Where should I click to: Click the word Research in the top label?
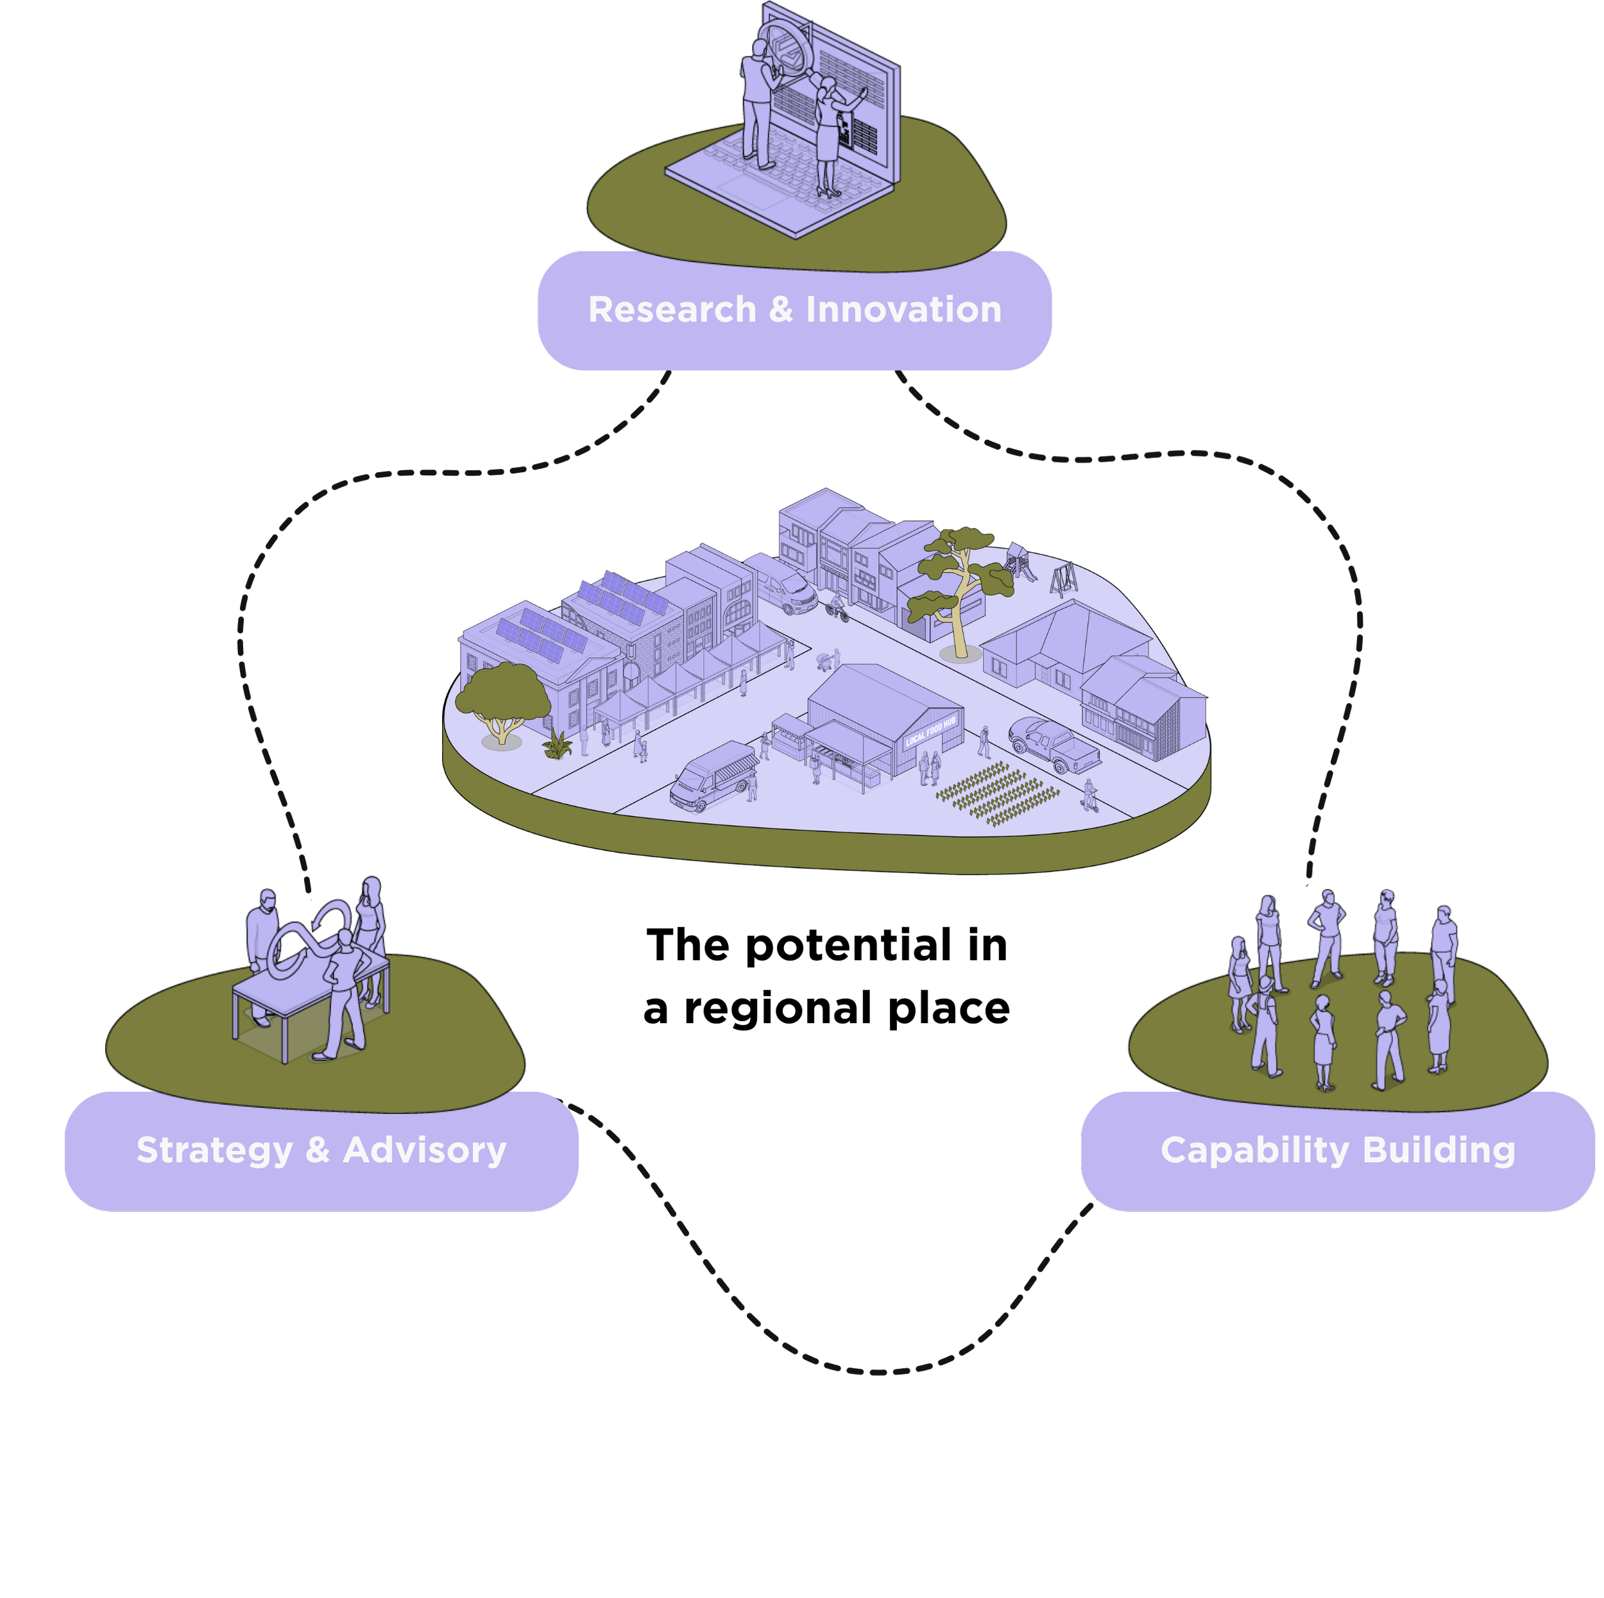[672, 310]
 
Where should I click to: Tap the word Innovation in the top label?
[903, 310]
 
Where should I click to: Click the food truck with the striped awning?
[715, 776]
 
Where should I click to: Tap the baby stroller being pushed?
[824, 661]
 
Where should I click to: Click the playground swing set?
[1064, 579]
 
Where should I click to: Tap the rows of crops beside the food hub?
[996, 794]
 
